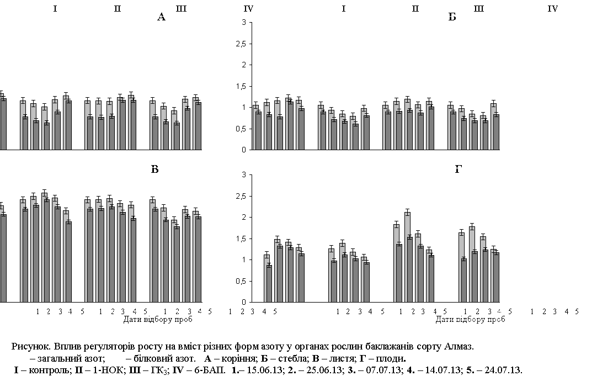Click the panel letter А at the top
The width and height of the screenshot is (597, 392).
[161, 17]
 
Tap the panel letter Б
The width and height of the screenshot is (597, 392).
[452, 17]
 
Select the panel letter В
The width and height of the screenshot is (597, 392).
[154, 169]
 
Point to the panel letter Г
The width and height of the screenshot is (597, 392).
[458, 169]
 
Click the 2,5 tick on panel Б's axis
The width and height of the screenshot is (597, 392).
[241, 44]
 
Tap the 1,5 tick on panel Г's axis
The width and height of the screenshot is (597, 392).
[241, 239]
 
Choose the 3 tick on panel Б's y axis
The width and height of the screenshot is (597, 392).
[244, 23]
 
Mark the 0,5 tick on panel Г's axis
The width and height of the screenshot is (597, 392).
[241, 282]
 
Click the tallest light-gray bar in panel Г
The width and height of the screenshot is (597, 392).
[407, 257]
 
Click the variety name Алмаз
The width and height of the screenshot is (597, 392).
[459, 347]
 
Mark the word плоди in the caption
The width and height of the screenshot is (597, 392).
[394, 358]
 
